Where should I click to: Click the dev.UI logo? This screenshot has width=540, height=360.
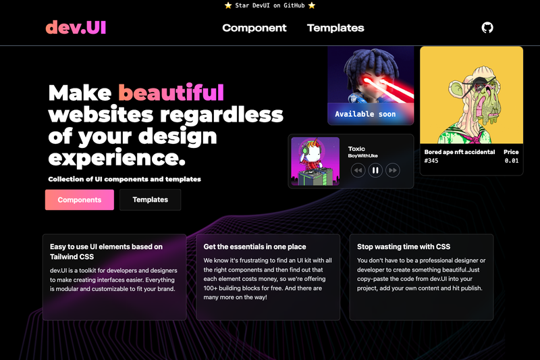click(x=76, y=28)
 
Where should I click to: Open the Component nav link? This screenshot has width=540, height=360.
click(x=254, y=28)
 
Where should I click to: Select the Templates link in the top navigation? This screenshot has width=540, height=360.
click(x=335, y=28)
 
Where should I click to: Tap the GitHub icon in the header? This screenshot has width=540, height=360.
click(x=487, y=28)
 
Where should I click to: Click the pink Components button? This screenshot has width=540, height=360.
click(x=80, y=200)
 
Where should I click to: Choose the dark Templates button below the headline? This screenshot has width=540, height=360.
click(x=150, y=200)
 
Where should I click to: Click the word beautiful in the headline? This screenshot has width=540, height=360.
click(x=171, y=93)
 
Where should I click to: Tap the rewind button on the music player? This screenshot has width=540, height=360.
click(x=358, y=170)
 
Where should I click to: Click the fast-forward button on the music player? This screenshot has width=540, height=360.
click(x=393, y=170)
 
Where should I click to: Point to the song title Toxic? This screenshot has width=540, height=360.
click(x=356, y=149)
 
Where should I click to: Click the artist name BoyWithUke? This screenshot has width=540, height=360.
click(x=362, y=156)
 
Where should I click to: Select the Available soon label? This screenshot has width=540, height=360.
click(x=365, y=114)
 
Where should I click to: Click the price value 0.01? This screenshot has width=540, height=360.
click(x=512, y=161)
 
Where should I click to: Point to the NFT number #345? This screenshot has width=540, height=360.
click(x=431, y=161)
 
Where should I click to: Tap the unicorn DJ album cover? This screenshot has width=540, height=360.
click(x=315, y=161)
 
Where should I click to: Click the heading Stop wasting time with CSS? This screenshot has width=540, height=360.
click(x=404, y=247)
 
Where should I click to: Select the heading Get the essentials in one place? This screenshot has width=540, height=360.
click(x=254, y=247)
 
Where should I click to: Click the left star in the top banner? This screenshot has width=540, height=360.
click(x=228, y=5)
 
